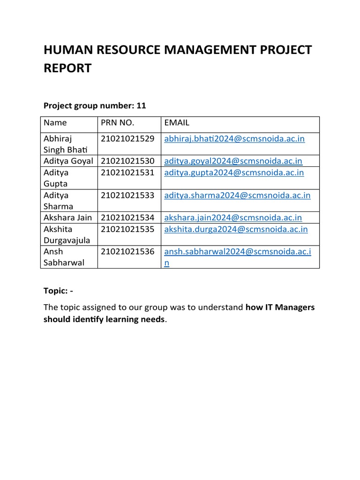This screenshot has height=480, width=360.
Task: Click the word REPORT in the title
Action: [67, 68]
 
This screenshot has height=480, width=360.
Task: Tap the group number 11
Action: [141, 106]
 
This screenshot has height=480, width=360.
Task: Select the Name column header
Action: [55, 123]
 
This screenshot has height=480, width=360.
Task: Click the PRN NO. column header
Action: [117, 123]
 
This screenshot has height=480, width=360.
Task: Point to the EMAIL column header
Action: [177, 123]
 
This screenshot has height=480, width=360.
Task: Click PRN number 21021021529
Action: [127, 139]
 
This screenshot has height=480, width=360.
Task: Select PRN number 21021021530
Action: [127, 161]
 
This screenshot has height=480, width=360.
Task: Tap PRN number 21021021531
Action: [127, 172]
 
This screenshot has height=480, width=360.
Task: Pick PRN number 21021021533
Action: [127, 195]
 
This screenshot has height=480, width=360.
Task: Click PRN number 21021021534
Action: [127, 217]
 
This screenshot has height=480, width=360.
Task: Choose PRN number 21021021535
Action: [127, 229]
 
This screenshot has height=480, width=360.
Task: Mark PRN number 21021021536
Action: [127, 252]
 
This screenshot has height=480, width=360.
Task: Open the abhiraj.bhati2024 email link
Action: [234, 139]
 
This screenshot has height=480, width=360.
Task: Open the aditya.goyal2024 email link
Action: [233, 161]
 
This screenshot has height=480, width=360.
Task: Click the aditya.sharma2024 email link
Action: [237, 195]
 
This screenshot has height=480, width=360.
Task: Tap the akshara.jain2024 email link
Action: [233, 217]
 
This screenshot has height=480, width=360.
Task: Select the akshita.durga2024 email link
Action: [236, 229]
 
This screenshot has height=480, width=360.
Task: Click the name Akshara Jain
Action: [67, 217]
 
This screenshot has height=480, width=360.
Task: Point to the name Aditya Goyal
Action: [68, 161]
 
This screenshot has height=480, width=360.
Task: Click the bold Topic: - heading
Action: [59, 291]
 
